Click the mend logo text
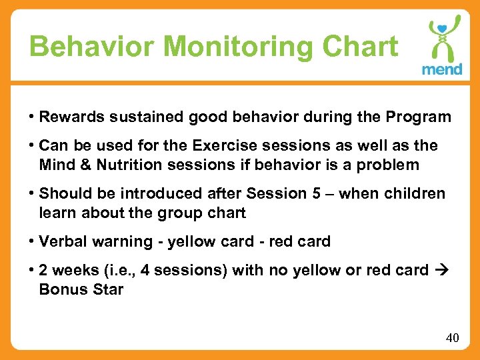coord(441,70)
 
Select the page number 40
coord(452,338)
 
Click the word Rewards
coord(67,117)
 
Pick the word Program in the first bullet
coord(418,117)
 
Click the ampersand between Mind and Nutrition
coord(84,164)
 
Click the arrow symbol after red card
coord(441,270)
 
